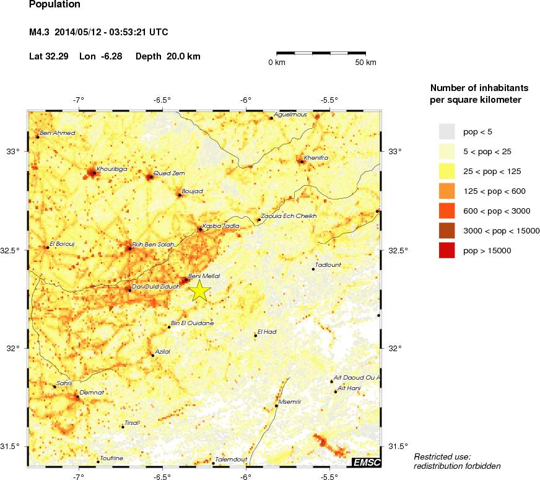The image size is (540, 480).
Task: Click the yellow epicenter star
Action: point(200,290)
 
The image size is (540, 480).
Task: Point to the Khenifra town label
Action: point(316,158)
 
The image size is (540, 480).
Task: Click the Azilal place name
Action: point(163,351)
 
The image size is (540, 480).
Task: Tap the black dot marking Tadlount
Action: point(313,269)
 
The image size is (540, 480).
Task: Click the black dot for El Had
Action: point(256,336)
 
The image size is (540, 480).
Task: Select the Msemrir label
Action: point(290,401)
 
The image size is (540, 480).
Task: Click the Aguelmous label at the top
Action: point(290,115)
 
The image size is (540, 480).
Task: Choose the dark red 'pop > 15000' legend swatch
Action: point(446,251)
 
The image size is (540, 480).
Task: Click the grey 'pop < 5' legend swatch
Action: point(446,131)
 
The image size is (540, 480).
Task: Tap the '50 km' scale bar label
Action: point(365,63)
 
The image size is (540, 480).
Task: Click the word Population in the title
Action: point(54,5)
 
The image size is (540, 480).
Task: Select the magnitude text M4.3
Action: point(41,32)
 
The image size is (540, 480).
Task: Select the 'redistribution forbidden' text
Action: point(456,466)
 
